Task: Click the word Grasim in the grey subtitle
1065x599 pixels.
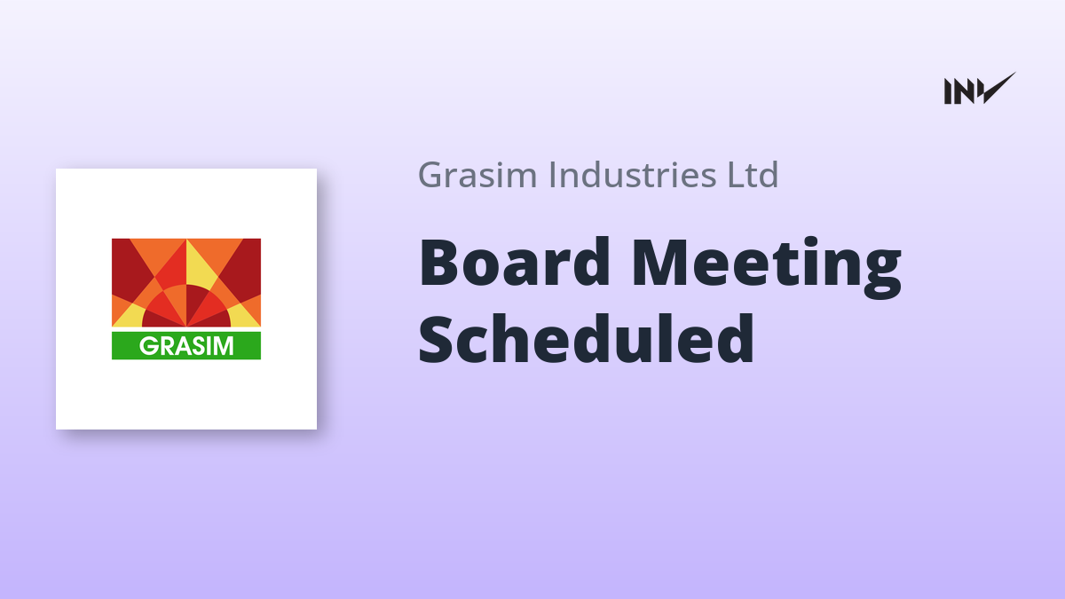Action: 477,175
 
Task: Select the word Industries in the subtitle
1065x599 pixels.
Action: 633,175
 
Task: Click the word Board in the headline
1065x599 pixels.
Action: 514,263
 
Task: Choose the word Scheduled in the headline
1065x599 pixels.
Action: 587,338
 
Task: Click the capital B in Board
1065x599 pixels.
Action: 438,263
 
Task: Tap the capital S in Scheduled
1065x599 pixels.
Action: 436,338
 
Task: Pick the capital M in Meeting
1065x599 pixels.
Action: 660,263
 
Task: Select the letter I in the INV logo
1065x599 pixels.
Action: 948,91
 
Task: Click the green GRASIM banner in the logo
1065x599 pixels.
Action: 185,345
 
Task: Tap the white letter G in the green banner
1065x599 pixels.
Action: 147,346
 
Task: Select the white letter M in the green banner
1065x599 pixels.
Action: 224,346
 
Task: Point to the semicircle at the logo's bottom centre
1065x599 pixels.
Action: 186,308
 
